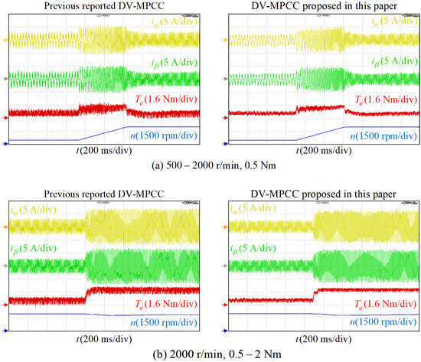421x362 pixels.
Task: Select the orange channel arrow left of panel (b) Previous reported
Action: tap(6, 227)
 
